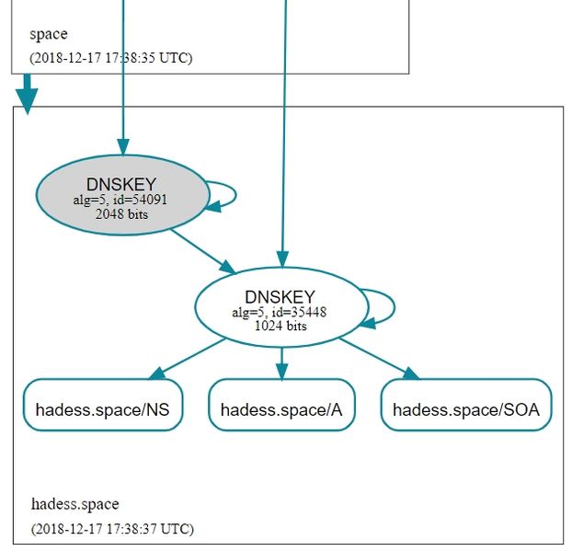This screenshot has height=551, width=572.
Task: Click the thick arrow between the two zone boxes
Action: click(28, 93)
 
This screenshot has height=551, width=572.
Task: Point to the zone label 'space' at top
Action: click(48, 35)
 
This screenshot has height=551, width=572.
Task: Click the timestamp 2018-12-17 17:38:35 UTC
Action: click(111, 57)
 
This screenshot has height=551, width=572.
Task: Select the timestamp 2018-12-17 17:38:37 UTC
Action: click(111, 529)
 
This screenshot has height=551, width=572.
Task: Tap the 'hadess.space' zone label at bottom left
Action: click(74, 504)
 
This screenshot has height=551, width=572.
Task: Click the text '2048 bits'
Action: click(121, 214)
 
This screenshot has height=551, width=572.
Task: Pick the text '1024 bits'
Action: click(280, 326)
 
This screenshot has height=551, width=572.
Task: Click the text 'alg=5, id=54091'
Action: click(121, 200)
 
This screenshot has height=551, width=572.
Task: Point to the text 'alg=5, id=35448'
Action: click(280, 312)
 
